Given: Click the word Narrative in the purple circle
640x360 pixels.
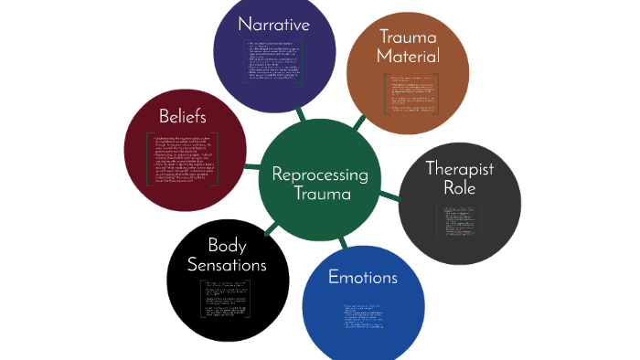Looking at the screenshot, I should tap(273, 24).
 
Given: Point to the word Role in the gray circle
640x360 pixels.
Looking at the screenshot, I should tap(460, 188).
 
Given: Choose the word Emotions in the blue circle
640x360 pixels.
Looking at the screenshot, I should tap(362, 277).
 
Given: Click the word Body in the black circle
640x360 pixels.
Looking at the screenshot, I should tap(227, 245).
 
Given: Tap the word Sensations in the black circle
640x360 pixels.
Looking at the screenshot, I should tap(227, 265).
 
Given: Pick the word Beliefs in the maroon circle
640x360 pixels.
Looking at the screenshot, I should tap(182, 117).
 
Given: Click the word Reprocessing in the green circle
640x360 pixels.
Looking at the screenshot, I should tap(319, 175).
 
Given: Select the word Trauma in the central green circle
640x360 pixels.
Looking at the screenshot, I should tap(319, 195).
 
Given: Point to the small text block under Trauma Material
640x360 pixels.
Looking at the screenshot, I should tap(411, 94).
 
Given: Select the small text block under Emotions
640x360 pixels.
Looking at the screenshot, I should tap(363, 315).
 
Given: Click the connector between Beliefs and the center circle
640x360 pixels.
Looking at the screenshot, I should tap(253, 167).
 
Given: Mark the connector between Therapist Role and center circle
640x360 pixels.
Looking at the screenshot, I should tap(389, 195).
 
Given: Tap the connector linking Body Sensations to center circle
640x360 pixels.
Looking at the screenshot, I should tap(271, 228).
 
